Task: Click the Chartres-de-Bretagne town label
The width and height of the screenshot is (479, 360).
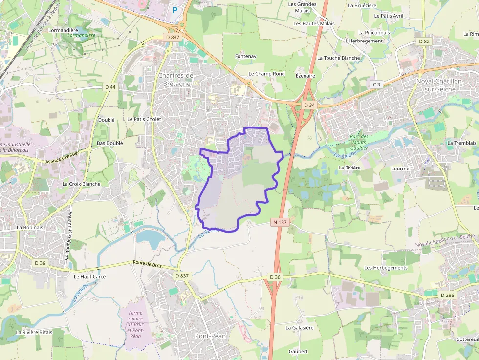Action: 176,79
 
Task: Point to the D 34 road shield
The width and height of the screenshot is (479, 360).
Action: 309,105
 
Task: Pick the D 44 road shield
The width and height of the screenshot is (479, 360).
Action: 110,87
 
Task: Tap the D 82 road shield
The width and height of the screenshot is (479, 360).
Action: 424,42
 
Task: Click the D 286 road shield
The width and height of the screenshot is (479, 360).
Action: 447,295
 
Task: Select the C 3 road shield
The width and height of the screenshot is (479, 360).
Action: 376,85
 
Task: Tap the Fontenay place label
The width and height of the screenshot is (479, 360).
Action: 245,56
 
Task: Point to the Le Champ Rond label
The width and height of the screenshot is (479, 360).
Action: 266,74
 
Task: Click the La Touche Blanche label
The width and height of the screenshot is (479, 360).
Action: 338,58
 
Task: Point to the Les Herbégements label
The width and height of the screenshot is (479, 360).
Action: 386,268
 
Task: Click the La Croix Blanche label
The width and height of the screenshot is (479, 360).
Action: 81,184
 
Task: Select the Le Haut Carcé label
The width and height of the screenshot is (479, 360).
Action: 89,276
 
